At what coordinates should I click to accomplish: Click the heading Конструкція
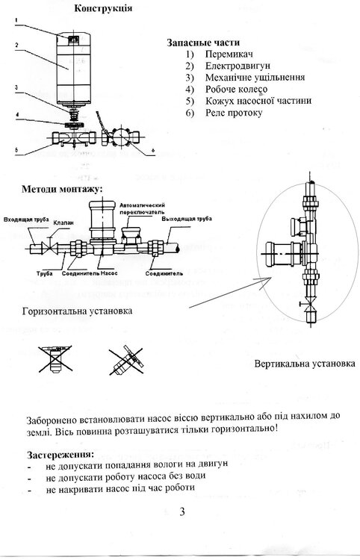105,8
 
